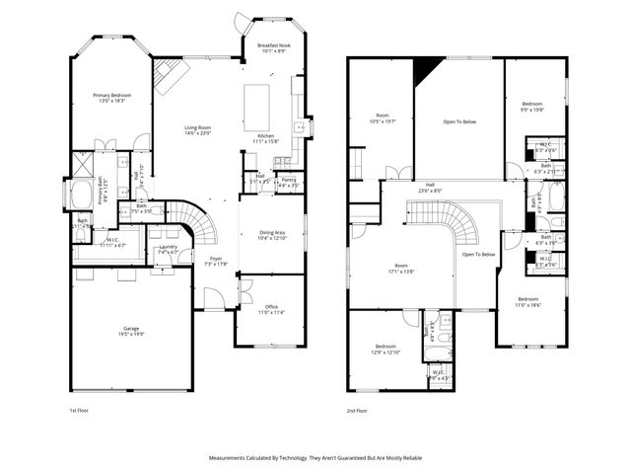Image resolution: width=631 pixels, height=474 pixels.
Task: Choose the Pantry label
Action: tap(289, 181)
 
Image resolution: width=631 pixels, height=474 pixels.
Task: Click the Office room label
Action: tap(270, 310)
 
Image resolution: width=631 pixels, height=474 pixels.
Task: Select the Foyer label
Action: tap(214, 261)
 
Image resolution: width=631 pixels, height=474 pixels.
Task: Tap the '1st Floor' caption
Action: tap(79, 410)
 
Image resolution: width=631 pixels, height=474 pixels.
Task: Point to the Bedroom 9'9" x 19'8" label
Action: tap(530, 107)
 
